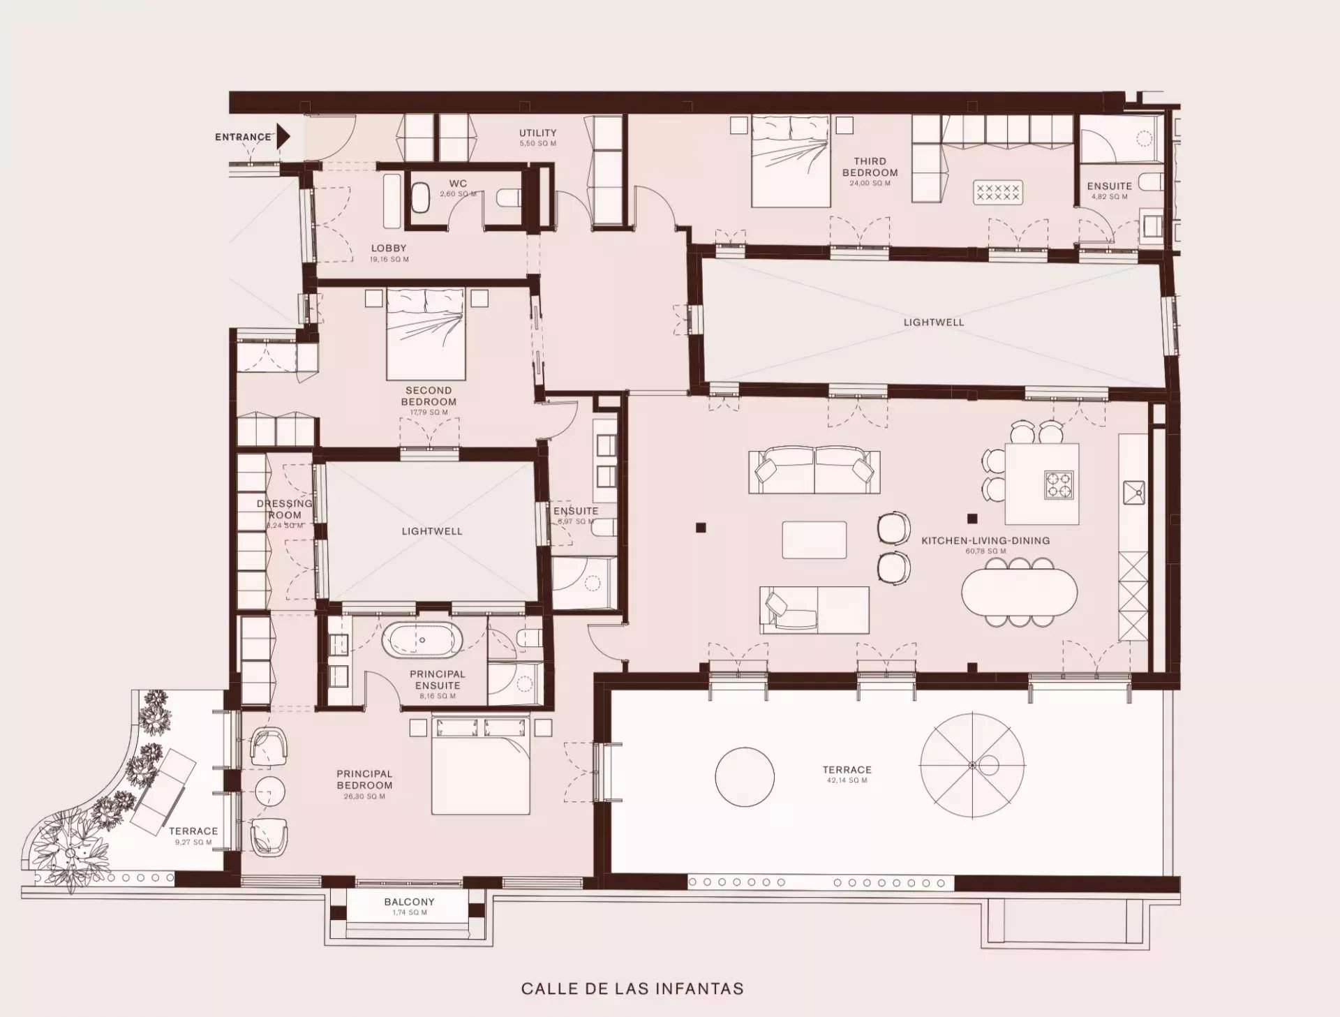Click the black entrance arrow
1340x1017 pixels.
[283, 137]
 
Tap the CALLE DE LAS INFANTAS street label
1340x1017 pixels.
[632, 988]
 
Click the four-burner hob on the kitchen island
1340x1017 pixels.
[1059, 485]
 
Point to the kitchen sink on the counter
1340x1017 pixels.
[1133, 493]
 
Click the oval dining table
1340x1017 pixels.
[1019, 591]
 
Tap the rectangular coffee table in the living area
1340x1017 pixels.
[814, 540]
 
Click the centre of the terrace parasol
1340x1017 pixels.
[972, 764]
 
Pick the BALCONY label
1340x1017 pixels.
[409, 902]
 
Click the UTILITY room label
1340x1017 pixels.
[537, 133]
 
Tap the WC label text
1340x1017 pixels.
[458, 184]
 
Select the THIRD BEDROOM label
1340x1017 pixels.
[870, 167]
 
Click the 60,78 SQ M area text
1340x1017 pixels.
[985, 551]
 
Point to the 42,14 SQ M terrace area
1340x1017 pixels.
[847, 780]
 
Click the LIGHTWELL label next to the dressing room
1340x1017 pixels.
[431, 531]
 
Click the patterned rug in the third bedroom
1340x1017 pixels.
[997, 192]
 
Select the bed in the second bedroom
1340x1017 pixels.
[426, 334]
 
